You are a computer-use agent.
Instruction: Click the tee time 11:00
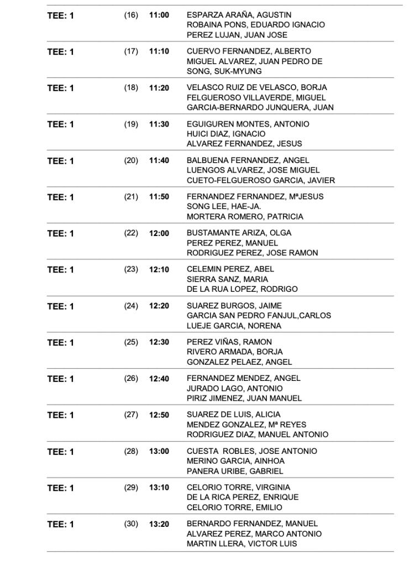click(159, 15)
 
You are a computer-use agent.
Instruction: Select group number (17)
click(131, 51)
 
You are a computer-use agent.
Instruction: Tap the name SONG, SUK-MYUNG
click(224, 71)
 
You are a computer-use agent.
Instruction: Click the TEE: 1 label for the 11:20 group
click(60, 88)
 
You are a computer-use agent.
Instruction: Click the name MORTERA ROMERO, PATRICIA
click(245, 217)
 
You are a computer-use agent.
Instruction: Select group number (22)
click(131, 233)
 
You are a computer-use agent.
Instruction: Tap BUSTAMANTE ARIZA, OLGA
click(239, 233)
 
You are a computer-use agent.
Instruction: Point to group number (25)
click(131, 342)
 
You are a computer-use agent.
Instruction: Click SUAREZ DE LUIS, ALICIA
click(233, 414)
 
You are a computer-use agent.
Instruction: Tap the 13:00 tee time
click(159, 452)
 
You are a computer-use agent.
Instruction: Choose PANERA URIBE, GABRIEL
click(235, 472)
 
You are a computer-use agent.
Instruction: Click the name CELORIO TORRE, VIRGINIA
click(238, 487)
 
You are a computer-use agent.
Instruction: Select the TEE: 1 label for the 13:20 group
click(60, 525)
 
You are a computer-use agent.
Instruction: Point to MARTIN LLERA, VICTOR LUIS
click(242, 544)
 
